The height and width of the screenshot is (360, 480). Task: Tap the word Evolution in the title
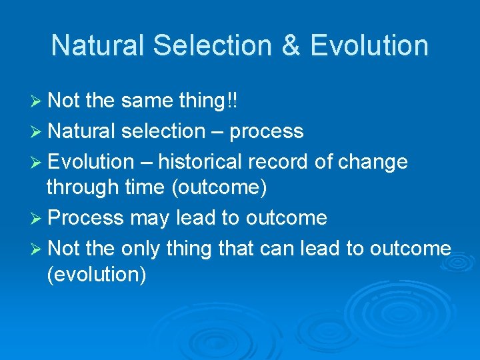[369, 45]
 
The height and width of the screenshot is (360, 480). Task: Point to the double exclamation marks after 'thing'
[231, 100]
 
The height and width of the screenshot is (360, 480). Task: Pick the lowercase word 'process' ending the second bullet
[267, 131]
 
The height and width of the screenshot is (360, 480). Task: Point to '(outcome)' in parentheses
[219, 188]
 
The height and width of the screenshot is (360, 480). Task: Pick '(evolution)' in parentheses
[97, 275]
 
